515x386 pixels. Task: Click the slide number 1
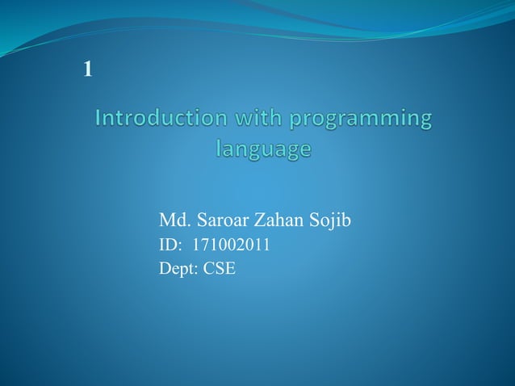pos(88,71)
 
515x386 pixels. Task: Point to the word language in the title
pos(264,150)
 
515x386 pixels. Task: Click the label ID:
pos(171,245)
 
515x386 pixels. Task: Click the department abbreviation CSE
pos(220,269)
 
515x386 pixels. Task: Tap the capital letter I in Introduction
pos(98,119)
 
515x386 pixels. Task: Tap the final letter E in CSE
pos(231,269)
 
